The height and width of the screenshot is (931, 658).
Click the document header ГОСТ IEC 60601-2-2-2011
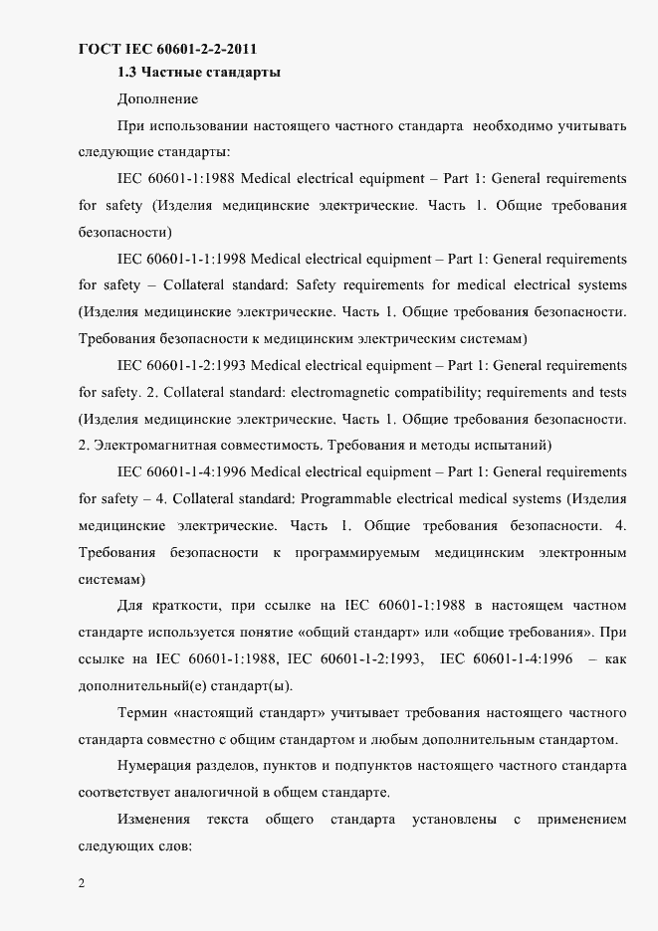[175, 49]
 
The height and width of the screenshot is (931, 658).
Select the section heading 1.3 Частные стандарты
[198, 73]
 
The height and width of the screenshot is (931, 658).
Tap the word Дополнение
[157, 98]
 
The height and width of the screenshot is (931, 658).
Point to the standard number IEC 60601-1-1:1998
[181, 259]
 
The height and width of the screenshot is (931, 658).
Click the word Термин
[140, 712]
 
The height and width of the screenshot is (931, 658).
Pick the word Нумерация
[156, 766]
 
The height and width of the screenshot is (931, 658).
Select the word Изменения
[153, 820]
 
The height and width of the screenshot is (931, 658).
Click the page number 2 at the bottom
[82, 883]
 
